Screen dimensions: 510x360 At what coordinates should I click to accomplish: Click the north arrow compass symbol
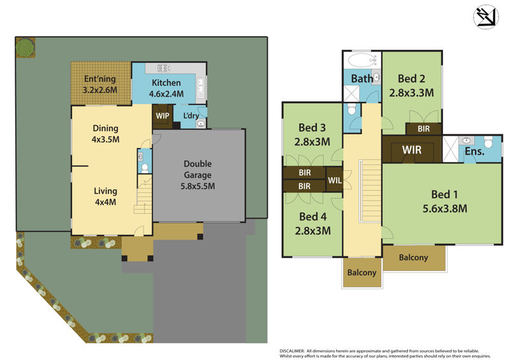[x=486, y=17]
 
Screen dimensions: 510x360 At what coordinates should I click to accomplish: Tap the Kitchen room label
[x=166, y=83]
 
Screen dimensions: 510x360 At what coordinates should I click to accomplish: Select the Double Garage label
[x=198, y=169]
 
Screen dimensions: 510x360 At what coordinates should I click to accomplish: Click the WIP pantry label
[x=163, y=116]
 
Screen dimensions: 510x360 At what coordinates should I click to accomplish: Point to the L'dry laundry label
[x=191, y=115]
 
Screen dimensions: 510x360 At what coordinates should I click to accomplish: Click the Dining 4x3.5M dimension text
[x=105, y=140]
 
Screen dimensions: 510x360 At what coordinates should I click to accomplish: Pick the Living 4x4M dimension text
[x=105, y=202]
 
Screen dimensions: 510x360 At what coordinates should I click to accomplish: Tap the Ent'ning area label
[x=100, y=79]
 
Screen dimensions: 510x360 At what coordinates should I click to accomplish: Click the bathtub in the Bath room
[x=361, y=60]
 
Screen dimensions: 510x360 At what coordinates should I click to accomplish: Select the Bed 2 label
[x=411, y=78]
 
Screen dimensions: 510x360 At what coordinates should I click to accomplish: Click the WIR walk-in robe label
[x=412, y=150]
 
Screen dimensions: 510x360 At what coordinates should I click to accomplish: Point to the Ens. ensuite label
[x=474, y=151]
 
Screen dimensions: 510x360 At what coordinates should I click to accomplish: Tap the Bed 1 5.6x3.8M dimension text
[x=444, y=208]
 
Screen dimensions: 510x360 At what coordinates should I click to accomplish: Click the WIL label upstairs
[x=335, y=180]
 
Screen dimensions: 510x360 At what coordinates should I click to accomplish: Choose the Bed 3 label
[x=312, y=127]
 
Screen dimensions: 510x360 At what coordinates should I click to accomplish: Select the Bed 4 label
[x=313, y=217]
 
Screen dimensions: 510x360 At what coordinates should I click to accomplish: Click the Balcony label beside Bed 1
[x=413, y=257]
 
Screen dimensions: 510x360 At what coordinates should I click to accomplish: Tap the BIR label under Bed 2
[x=423, y=129]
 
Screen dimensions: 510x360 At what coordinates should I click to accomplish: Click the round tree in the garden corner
[x=25, y=48]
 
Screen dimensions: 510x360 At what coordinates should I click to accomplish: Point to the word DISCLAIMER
[x=292, y=351]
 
